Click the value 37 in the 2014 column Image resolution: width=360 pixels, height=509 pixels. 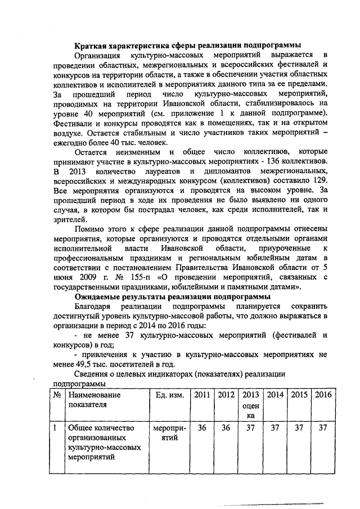point(274,429)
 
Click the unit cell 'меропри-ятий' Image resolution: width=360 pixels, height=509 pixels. point(169,433)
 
